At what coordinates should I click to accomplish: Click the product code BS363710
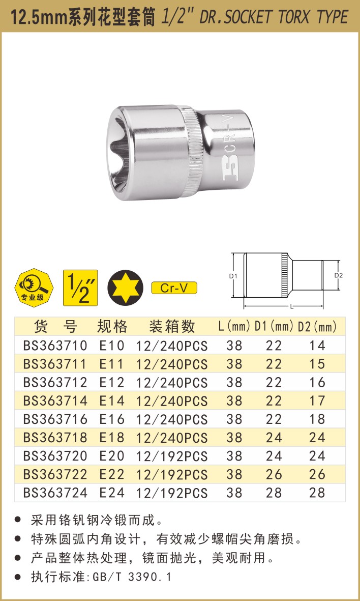[x=55, y=346]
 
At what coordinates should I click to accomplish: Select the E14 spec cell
[x=112, y=401]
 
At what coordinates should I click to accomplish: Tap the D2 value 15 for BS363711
[x=317, y=364]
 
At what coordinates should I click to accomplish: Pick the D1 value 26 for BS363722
[x=274, y=474]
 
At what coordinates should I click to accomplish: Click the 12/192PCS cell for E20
[x=172, y=456]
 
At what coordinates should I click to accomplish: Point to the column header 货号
[x=55, y=327]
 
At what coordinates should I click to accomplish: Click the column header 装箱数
[x=172, y=327]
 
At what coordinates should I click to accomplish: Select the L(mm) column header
[x=234, y=327]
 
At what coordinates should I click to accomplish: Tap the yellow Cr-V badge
[x=174, y=288]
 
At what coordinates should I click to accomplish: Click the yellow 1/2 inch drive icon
[x=80, y=288]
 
